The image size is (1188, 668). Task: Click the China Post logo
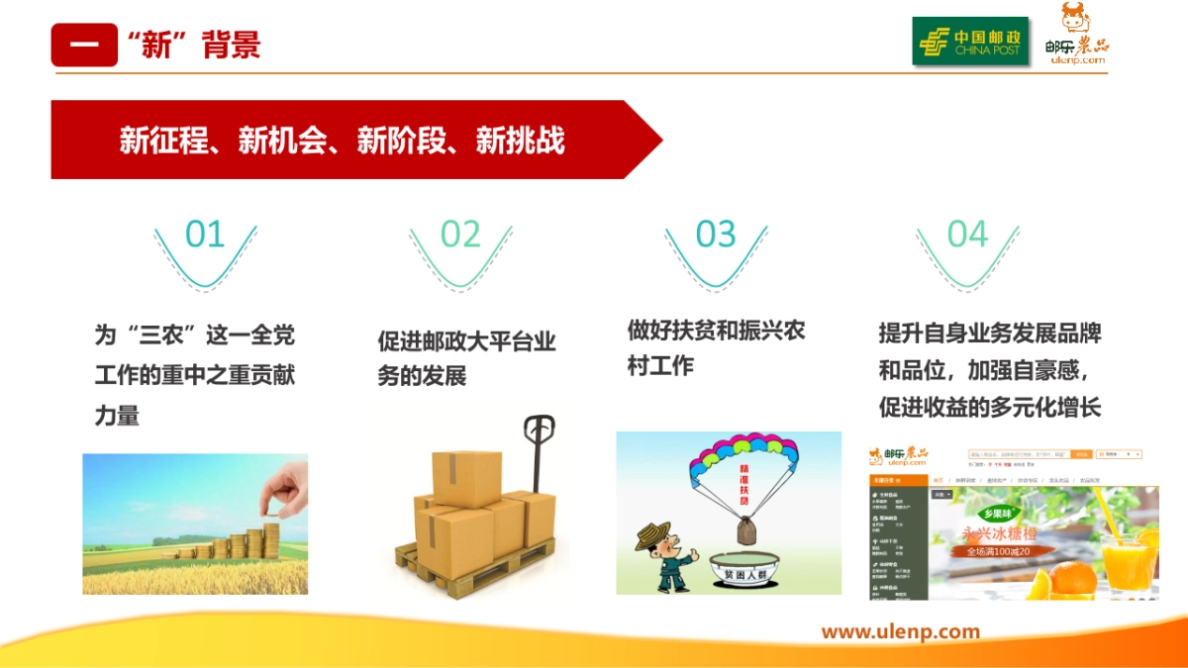969,42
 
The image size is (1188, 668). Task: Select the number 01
205,235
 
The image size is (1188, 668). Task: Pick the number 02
460,235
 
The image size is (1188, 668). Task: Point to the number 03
716,235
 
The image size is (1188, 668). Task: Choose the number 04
967,235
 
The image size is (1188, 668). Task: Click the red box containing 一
84,46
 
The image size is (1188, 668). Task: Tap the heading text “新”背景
194,46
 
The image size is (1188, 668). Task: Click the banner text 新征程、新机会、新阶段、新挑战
342,141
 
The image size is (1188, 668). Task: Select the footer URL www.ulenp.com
900,631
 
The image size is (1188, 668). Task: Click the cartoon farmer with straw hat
661,555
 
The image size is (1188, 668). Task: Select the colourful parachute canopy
743,455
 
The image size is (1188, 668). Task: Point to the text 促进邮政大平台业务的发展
466,358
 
